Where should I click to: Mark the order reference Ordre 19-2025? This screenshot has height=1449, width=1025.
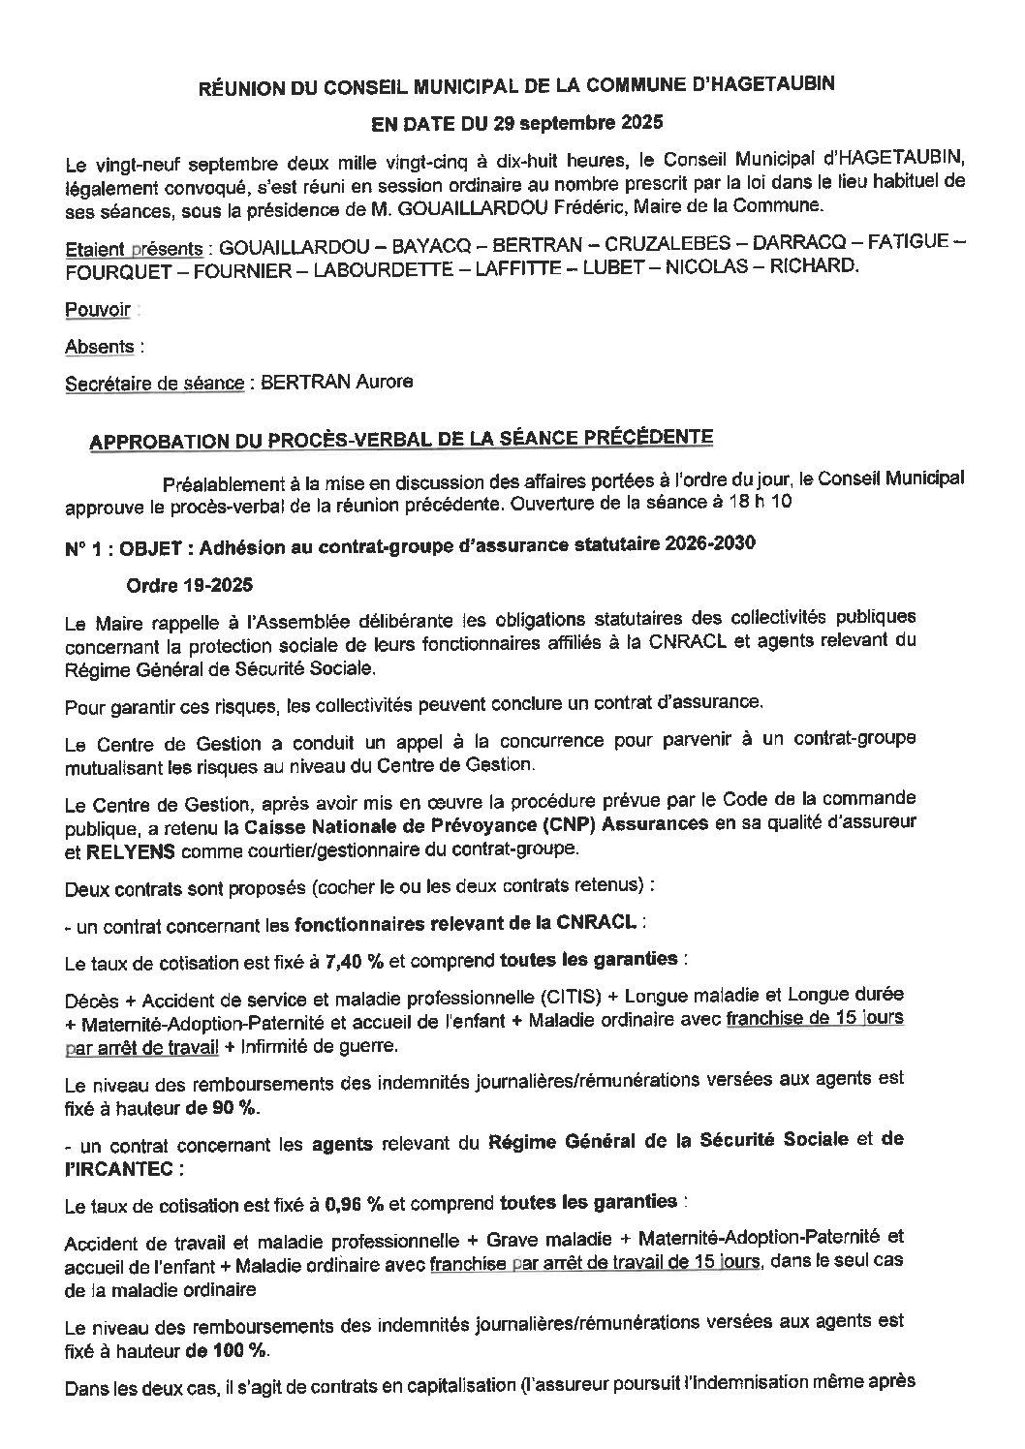pos(191,585)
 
